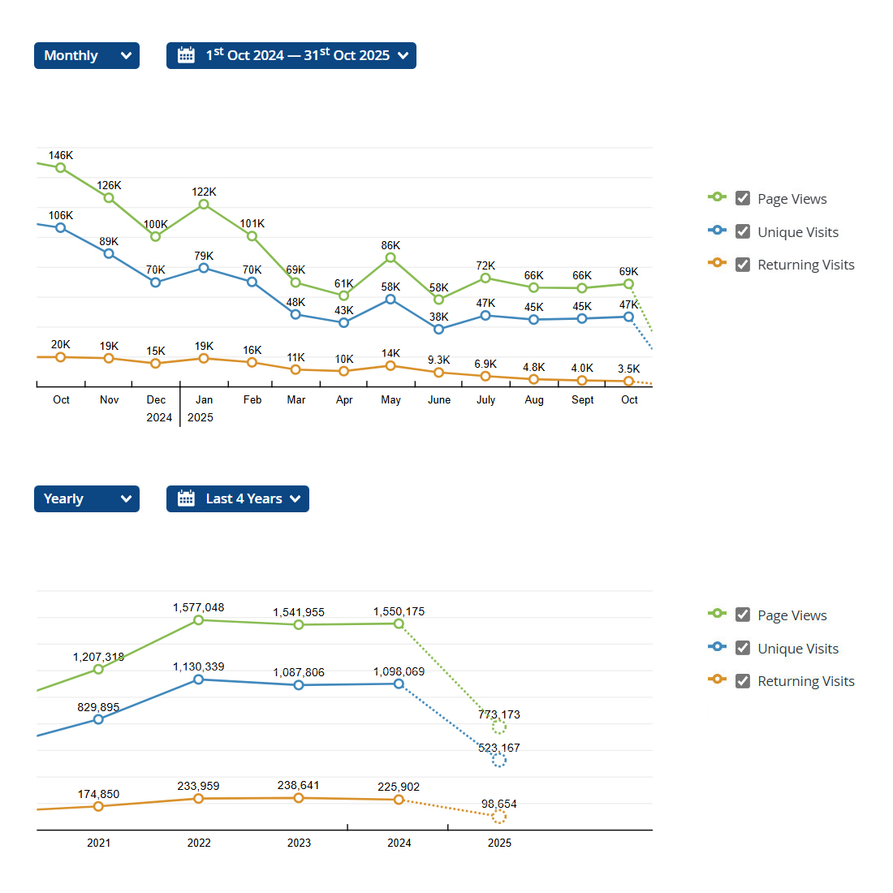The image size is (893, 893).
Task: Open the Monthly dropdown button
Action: pos(86,55)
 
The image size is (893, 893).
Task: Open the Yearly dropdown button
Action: pos(86,498)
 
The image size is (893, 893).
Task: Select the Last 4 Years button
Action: pos(237,498)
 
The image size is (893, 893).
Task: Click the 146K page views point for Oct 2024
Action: pos(61,168)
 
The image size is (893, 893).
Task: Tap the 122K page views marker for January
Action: pos(204,205)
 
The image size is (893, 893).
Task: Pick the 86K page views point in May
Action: pos(390,257)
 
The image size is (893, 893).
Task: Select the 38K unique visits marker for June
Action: pos(439,330)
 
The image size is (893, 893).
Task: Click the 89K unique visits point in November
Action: pos(109,253)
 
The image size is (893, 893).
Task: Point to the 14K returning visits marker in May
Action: pos(390,366)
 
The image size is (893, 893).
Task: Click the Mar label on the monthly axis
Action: pos(296,399)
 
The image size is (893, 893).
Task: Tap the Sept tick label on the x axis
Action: pos(582,399)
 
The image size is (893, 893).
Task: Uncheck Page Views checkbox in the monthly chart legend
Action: pos(743,198)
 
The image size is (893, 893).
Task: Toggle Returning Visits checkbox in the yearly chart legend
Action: pos(743,680)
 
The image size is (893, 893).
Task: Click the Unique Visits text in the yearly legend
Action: pos(798,648)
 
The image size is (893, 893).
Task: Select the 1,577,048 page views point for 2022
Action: pos(199,620)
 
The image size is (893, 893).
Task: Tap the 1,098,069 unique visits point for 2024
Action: pos(399,684)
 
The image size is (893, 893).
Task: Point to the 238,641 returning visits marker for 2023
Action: pos(299,798)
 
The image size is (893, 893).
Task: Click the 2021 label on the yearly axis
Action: pos(99,843)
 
